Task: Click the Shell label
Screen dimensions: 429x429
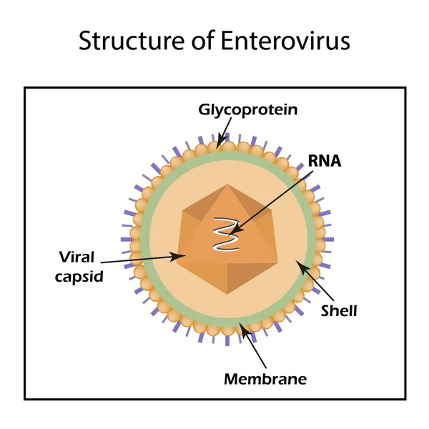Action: pos(339,310)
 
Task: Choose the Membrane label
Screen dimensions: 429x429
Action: pos(265,378)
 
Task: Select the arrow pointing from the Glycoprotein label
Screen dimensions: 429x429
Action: pos(225,130)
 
